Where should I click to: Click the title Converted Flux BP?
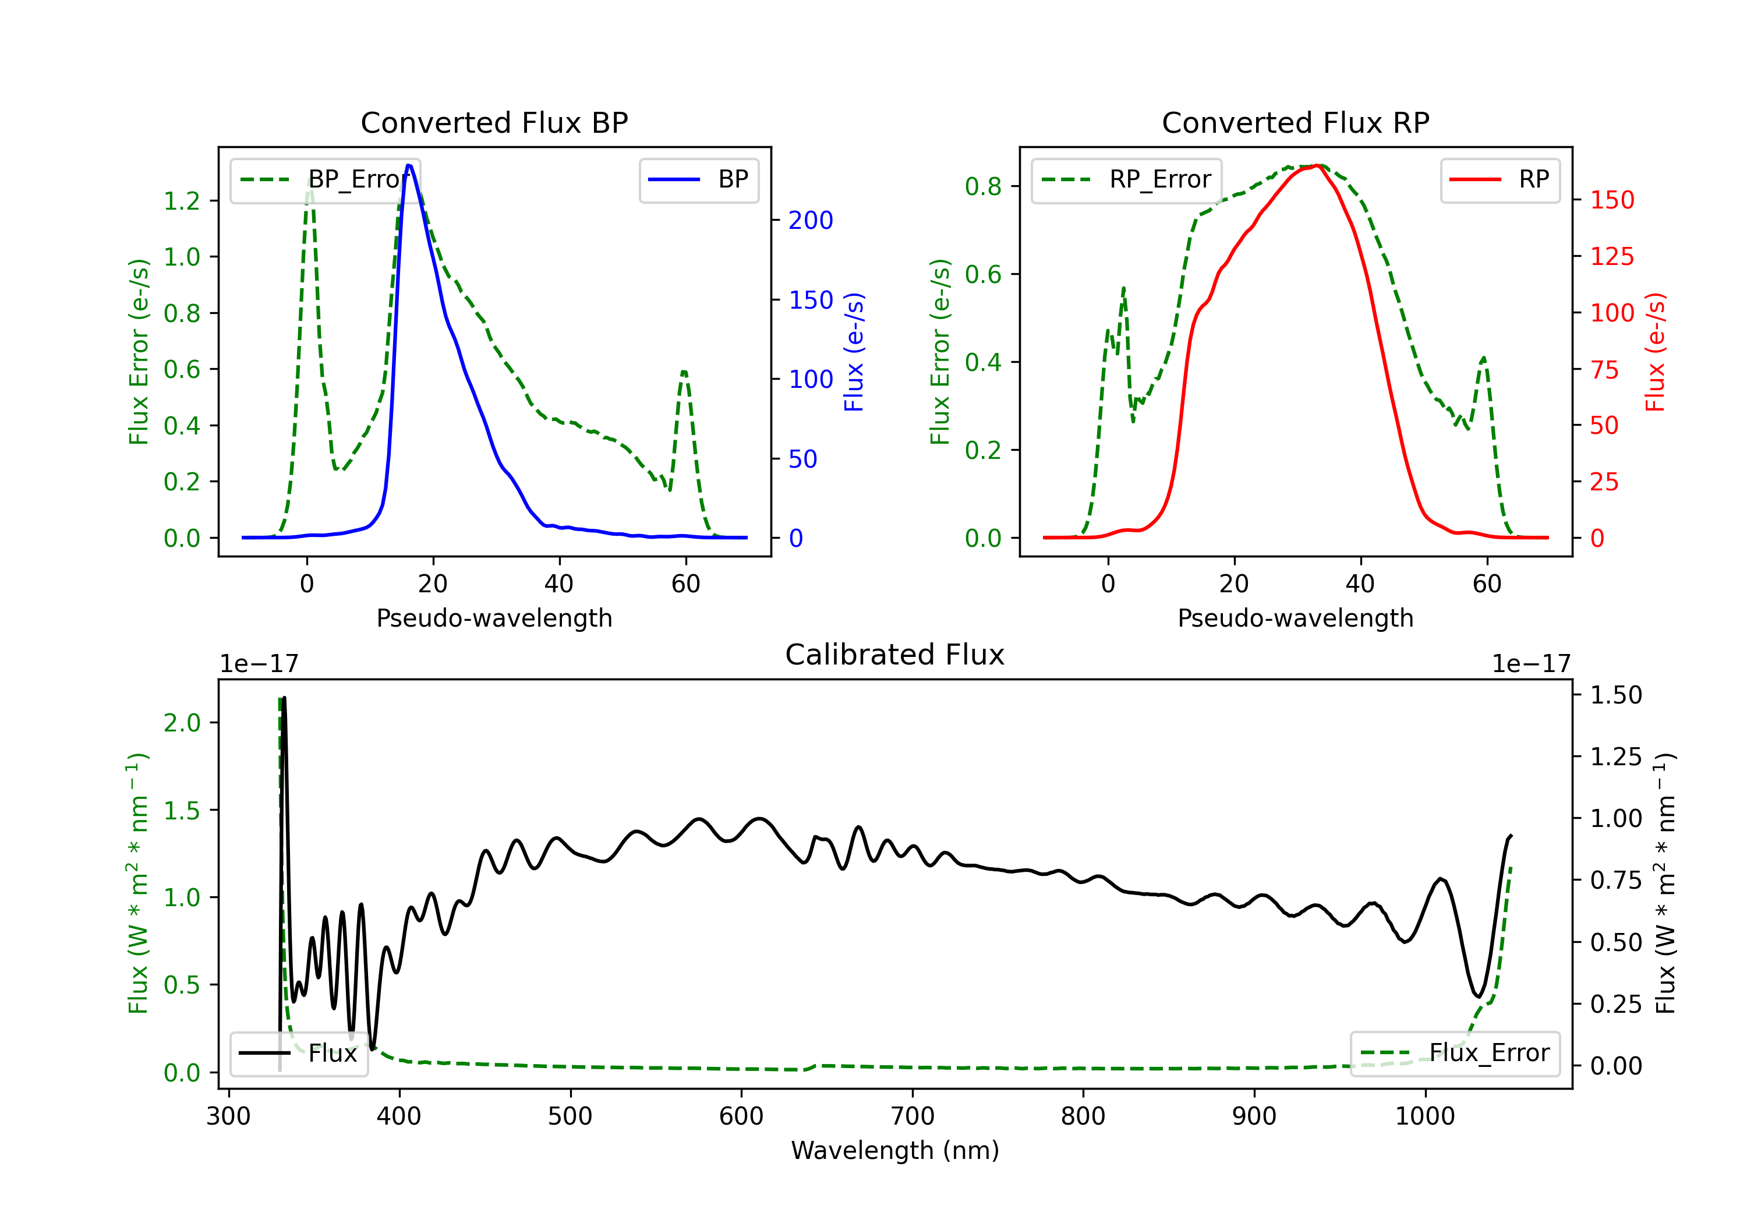(x=494, y=122)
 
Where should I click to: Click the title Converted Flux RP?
(x=1295, y=122)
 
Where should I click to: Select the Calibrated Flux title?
(x=895, y=655)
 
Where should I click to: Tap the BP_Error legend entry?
(x=325, y=179)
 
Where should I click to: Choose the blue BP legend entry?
(x=698, y=179)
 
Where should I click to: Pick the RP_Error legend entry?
(x=1126, y=179)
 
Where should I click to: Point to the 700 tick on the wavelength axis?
(x=913, y=1116)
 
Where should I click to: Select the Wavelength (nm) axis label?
(x=895, y=1150)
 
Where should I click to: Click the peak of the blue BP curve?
(x=409, y=165)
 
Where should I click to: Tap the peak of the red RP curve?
(x=1316, y=165)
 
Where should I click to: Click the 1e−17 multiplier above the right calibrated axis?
(x=1531, y=664)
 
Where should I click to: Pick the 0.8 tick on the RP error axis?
(x=983, y=186)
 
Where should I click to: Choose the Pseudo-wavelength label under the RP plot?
(x=1295, y=618)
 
